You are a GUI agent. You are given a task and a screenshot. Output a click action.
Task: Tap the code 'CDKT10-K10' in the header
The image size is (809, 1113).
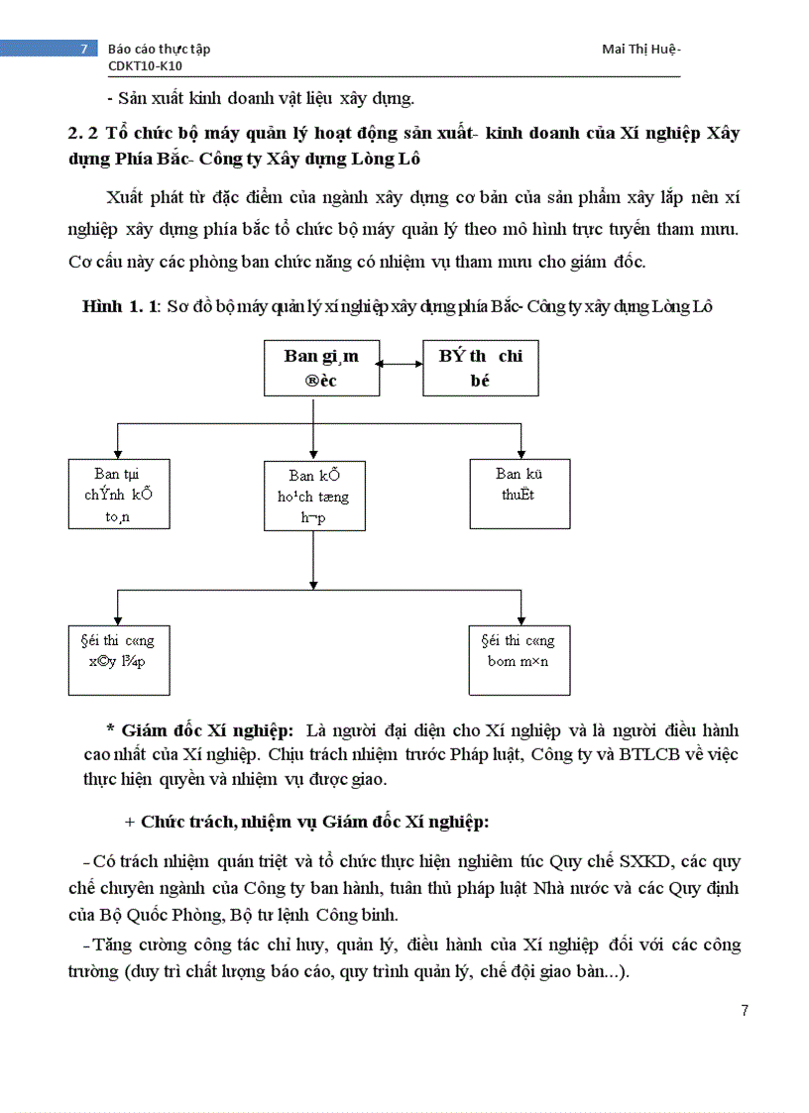pyautogui.click(x=145, y=66)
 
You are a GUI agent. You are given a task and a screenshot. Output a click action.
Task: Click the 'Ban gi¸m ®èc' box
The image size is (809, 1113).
pyautogui.click(x=321, y=368)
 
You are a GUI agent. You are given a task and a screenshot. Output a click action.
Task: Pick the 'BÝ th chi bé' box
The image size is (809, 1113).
pyautogui.click(x=481, y=368)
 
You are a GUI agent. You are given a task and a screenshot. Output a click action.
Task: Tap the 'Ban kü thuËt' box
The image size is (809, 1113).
pyautogui.click(x=519, y=494)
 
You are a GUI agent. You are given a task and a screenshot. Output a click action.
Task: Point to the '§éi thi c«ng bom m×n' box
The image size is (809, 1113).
pyautogui.click(x=519, y=658)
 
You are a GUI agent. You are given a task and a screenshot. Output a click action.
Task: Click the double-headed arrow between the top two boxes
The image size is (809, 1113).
pyautogui.click(x=402, y=367)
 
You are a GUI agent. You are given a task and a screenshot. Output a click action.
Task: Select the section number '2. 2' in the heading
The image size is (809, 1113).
pyautogui.click(x=79, y=133)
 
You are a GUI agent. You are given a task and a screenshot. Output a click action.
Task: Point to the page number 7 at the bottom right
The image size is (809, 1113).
pyautogui.click(x=745, y=1010)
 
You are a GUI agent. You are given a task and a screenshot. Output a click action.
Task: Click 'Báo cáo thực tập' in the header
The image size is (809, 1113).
pyautogui.click(x=159, y=49)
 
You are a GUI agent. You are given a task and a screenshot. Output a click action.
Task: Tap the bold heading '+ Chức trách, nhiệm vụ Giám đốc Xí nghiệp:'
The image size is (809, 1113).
pyautogui.click(x=306, y=822)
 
